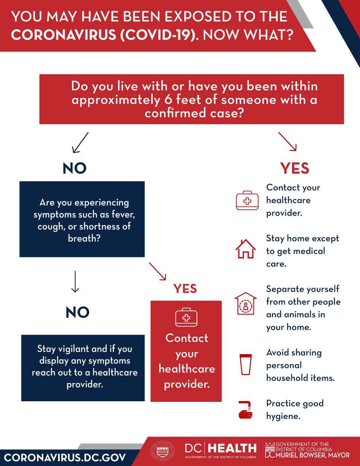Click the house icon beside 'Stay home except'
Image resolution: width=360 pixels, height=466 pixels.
pyautogui.click(x=246, y=249)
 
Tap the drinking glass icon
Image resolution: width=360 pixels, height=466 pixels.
pyautogui.click(x=245, y=364)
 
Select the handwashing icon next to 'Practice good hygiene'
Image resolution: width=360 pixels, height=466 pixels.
pyautogui.click(x=245, y=410)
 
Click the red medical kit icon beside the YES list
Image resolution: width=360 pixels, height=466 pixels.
pyautogui.click(x=247, y=200)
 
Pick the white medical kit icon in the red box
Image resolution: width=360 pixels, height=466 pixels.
pyautogui.click(x=186, y=317)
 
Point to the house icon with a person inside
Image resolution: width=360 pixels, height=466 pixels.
pyautogui.click(x=246, y=303)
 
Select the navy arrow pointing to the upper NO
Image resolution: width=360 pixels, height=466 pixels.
pyautogui.click(x=80, y=142)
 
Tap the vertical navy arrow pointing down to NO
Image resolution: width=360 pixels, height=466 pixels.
pyautogui.click(x=75, y=281)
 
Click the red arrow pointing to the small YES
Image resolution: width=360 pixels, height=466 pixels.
pyautogui.click(x=158, y=271)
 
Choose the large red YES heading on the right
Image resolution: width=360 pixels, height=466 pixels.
pyautogui.click(x=295, y=168)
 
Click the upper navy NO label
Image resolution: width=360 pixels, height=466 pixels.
pyautogui.click(x=75, y=168)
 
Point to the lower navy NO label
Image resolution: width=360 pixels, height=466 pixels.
pyautogui.click(x=78, y=312)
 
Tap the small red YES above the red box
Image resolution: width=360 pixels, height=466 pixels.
pyautogui.click(x=185, y=289)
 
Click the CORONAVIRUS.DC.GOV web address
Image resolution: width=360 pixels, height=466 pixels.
pyautogui.click(x=65, y=457)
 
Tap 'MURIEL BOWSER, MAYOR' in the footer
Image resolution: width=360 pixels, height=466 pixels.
pyautogui.click(x=312, y=455)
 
